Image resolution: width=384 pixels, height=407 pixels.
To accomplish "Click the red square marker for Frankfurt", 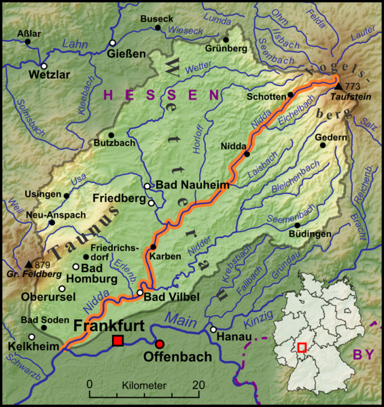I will tap(118, 340).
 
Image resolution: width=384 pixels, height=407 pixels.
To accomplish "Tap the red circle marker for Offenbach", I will tap(160, 343).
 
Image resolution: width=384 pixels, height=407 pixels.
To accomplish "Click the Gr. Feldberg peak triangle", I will tap(28, 263).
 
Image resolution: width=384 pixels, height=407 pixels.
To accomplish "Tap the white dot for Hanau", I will tap(213, 330).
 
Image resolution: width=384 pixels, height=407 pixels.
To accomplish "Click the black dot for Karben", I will tap(153, 247).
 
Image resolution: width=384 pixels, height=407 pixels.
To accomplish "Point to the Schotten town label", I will tap(266, 96).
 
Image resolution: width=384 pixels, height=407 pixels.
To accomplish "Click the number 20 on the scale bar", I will tap(198, 385).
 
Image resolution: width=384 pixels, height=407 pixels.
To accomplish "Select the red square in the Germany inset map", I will tap(302, 347).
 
